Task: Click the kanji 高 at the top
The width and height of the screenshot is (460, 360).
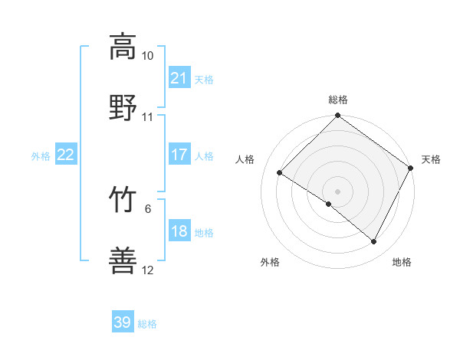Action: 123,46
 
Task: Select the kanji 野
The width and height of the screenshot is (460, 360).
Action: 123,107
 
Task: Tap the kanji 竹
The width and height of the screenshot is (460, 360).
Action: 123,200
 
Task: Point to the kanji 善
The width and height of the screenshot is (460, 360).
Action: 123,260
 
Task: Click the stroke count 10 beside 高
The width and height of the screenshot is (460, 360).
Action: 147,56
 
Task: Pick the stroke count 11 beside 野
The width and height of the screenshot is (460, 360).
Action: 147,117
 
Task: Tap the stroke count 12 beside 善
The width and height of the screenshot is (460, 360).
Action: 147,270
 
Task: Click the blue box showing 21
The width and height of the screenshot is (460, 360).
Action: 179,78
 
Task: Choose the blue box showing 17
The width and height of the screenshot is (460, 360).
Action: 179,155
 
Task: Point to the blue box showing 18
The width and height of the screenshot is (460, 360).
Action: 179,231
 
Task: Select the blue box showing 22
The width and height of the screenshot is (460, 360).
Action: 65,155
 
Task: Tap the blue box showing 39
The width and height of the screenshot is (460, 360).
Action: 123,322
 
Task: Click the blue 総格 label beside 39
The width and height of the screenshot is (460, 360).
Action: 147,324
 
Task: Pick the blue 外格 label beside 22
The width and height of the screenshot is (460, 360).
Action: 41,156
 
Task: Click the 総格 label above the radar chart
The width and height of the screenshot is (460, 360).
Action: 338,100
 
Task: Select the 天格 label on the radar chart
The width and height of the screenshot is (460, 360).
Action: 431,159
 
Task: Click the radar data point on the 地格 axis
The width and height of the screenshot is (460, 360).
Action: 374,242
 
